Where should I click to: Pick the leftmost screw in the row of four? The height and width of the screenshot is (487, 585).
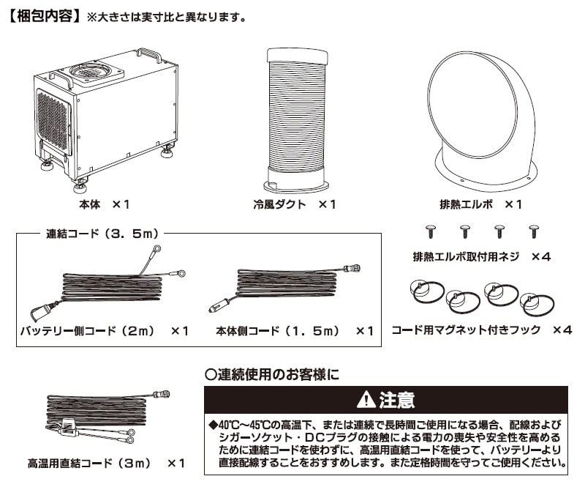click(x=431, y=231)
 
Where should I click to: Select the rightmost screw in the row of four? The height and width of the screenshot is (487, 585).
click(x=533, y=231)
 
